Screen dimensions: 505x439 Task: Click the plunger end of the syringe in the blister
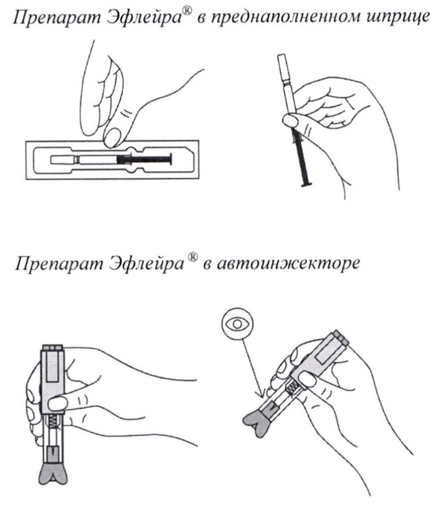click(171, 159)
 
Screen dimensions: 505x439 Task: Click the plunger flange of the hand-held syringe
click(307, 184)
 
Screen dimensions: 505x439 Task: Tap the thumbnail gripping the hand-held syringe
click(290, 121)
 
